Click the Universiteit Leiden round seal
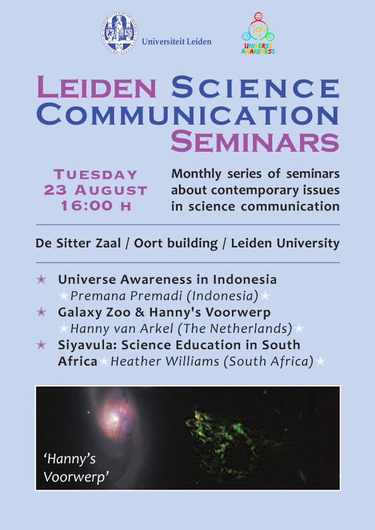pyautogui.click(x=119, y=33)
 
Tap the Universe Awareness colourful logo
pyautogui.click(x=258, y=33)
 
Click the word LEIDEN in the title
pyautogui.click(x=96, y=87)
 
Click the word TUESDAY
pyautogui.click(x=95, y=174)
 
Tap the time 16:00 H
pyautogui.click(x=96, y=205)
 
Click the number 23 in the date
pyautogui.click(x=55, y=190)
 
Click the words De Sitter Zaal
pyautogui.click(x=78, y=243)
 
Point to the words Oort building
pyautogui.click(x=176, y=244)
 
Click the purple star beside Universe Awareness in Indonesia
pyautogui.click(x=42, y=279)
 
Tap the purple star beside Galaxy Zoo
pyautogui.click(x=42, y=312)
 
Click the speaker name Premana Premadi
pyautogui.click(x=127, y=296)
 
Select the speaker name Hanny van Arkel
pyautogui.click(x=122, y=329)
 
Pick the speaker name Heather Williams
pyautogui.click(x=165, y=361)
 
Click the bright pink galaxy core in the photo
pyautogui.click(x=113, y=417)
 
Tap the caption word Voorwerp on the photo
pyautogui.click(x=76, y=477)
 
